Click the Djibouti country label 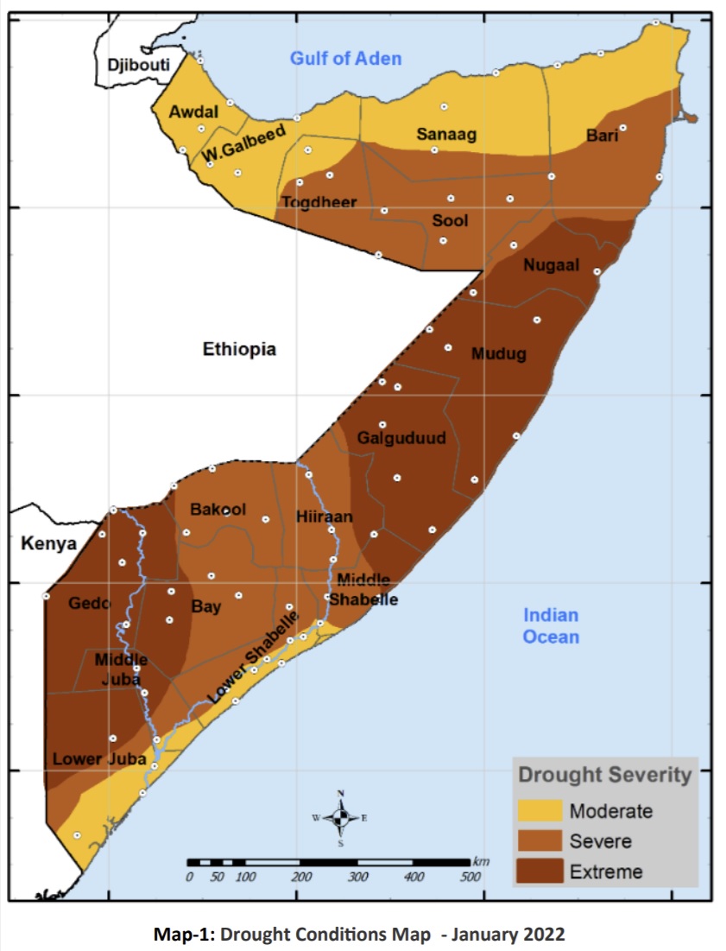[139, 65]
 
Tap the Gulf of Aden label [345, 59]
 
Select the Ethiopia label [239, 349]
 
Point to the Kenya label [49, 544]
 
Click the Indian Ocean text [551, 626]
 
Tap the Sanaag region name [446, 134]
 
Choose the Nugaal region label [551, 265]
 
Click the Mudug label [498, 353]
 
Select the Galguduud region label [401, 438]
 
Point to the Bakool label [218, 510]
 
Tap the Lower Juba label [89, 759]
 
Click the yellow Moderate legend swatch [540, 811]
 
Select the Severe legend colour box [540, 840]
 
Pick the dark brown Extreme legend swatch [540, 870]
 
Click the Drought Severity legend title [604, 775]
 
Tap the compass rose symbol [340, 817]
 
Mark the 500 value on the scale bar [470, 878]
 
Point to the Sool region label [450, 220]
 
